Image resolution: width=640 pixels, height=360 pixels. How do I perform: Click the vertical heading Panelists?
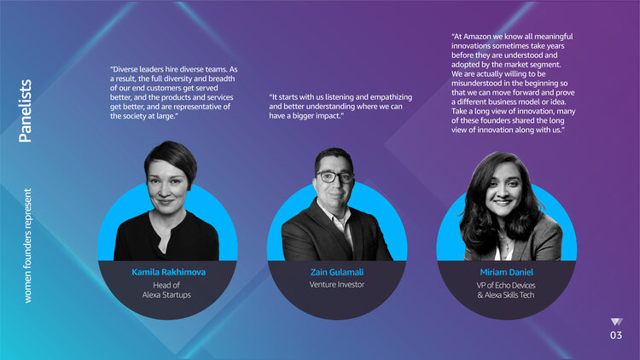pos(26,111)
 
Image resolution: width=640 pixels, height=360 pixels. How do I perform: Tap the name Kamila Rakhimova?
pos(169,272)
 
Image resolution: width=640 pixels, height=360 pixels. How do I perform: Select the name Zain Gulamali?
pos(337,272)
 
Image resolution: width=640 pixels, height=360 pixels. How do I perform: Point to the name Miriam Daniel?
pos(507,272)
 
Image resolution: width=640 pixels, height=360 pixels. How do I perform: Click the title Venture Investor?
pos(337,284)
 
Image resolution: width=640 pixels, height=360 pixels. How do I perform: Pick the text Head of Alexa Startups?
pos(166,290)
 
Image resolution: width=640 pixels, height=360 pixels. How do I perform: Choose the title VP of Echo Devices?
pos(506,285)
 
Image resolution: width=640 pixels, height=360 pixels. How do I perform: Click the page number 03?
pos(616,335)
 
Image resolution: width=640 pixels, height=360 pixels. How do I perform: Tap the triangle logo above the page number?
pos(616,322)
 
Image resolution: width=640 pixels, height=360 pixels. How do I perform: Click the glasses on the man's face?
pos(335,177)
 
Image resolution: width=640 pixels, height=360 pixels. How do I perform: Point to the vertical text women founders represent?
pos(27,246)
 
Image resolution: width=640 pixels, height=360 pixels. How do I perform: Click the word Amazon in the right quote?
pos(477,37)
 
